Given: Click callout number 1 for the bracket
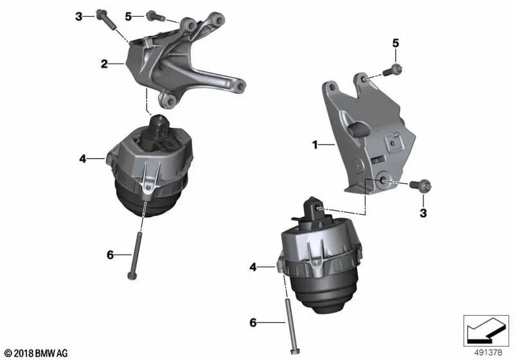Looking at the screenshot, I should (x=315, y=146).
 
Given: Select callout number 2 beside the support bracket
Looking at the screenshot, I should (x=103, y=64).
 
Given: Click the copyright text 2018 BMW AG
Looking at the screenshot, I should (x=36, y=353).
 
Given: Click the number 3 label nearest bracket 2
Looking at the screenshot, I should (x=79, y=16).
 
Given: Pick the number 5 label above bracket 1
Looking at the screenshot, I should (x=396, y=43).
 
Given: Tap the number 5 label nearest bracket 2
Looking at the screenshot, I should (x=127, y=16).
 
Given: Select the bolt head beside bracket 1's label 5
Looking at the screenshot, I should (x=396, y=69).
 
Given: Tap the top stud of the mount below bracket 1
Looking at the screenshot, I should (x=314, y=208).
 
